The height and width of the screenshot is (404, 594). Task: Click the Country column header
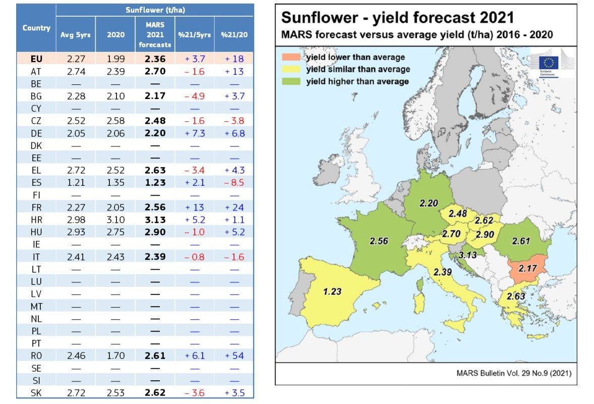(x=36, y=28)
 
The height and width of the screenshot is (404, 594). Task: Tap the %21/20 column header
(x=233, y=35)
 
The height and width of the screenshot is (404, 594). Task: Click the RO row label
(x=36, y=356)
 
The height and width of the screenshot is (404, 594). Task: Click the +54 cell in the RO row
(x=233, y=356)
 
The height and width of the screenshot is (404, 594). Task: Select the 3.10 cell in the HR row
(x=116, y=220)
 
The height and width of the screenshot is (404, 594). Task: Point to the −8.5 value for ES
(x=233, y=183)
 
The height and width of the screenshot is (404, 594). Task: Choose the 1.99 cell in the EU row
(x=116, y=59)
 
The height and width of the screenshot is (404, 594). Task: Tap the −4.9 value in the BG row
(x=194, y=96)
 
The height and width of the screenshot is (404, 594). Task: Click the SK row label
(x=36, y=392)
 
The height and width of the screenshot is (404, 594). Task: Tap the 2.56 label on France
(x=379, y=241)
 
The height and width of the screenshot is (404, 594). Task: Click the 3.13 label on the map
(x=467, y=256)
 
